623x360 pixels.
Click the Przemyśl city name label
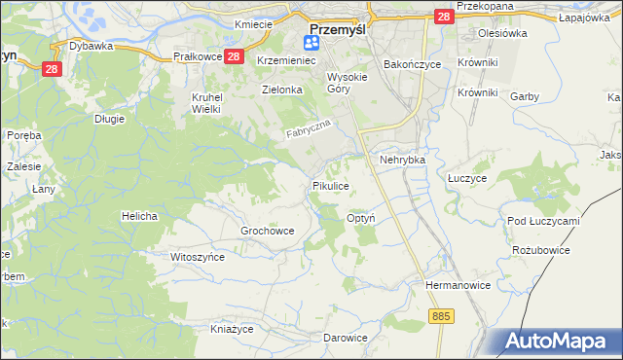(x=337, y=28)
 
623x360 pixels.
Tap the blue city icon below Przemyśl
(x=312, y=42)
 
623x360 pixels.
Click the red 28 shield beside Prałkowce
(x=234, y=57)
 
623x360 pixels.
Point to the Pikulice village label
(x=330, y=185)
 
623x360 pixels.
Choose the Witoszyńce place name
(x=198, y=257)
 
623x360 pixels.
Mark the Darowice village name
(x=346, y=338)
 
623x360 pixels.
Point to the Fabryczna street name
(x=311, y=129)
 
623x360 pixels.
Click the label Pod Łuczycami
(x=543, y=221)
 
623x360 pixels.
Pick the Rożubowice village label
(x=540, y=250)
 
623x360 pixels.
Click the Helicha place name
(x=139, y=215)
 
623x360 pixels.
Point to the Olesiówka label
(x=502, y=32)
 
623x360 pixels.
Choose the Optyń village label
(x=361, y=219)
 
